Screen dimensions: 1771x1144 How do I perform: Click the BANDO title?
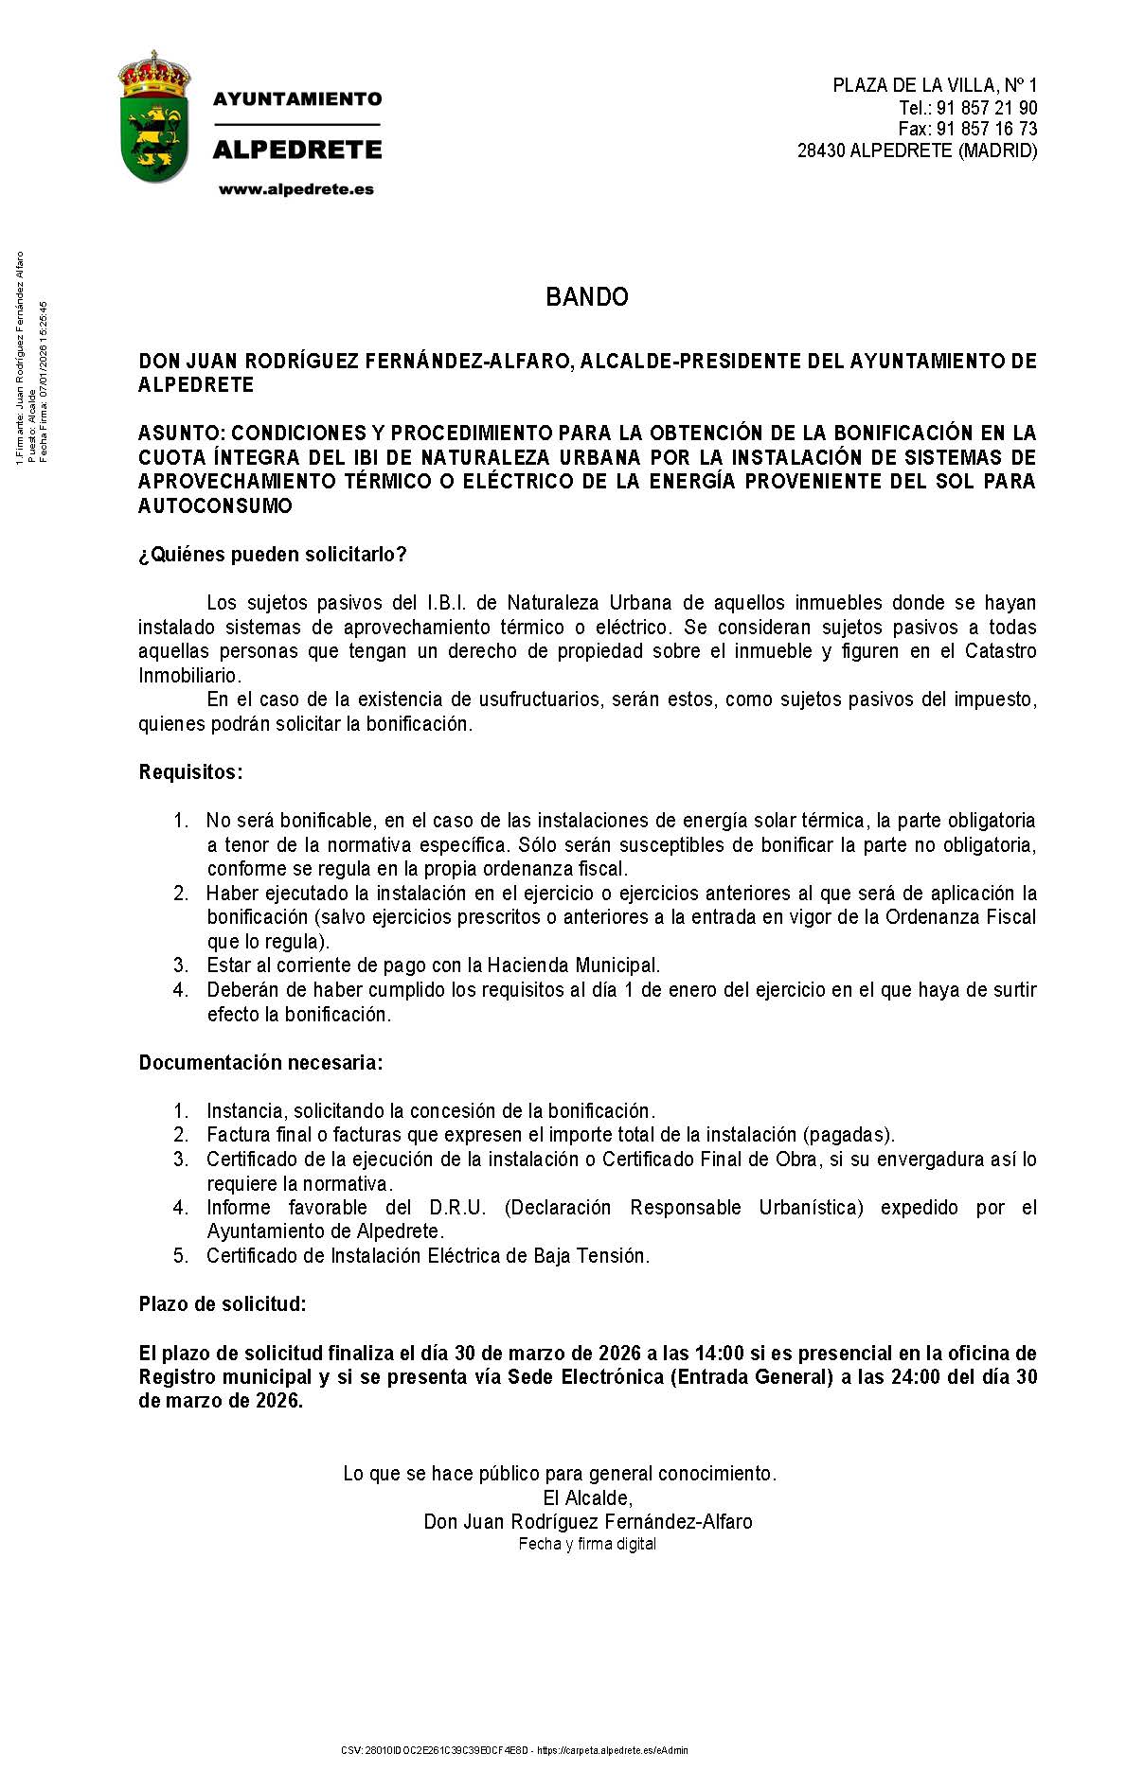pos(586,297)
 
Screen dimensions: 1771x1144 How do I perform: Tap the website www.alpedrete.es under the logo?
pos(296,189)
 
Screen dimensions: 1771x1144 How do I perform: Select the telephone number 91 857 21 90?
pos(987,107)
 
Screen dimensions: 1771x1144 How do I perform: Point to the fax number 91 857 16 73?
pos(987,129)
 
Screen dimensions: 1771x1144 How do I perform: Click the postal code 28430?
pos(821,151)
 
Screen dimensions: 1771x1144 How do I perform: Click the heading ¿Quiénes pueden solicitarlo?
pos(273,555)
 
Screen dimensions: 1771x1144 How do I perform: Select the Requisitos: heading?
pos(190,772)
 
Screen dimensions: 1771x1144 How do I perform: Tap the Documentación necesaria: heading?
pos(260,1063)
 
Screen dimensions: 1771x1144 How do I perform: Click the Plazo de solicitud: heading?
pos(223,1304)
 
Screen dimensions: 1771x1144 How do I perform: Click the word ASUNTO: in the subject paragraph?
pos(182,434)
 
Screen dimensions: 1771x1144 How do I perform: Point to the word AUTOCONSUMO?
pos(215,506)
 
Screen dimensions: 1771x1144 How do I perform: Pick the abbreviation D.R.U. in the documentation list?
pos(457,1208)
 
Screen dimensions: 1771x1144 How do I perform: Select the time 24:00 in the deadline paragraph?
pos(915,1377)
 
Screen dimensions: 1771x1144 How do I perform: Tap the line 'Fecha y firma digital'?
pos(587,1544)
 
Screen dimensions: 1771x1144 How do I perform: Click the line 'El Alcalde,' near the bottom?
pos(587,1497)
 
